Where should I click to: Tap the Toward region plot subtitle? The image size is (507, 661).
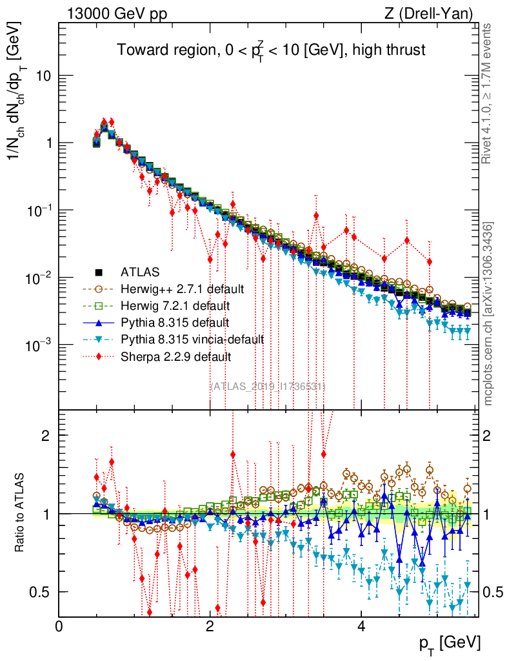tap(270, 49)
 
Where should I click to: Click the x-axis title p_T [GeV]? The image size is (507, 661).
tap(449, 642)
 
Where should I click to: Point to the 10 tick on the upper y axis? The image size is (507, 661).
tap(43, 76)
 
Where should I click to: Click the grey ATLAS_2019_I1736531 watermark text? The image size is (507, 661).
tap(268, 386)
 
